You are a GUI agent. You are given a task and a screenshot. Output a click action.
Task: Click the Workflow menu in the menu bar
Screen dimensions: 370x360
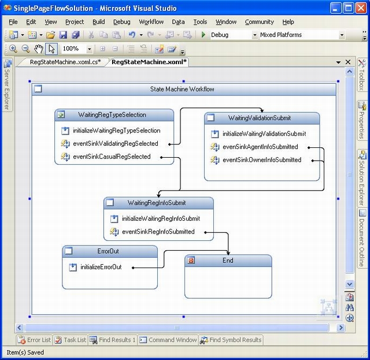[151, 22]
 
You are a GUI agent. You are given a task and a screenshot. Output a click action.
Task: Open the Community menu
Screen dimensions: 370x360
[260, 22]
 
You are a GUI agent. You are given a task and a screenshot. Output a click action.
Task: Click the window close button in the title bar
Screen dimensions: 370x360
[361, 8]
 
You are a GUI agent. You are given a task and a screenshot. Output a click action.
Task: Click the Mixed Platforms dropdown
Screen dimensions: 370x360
[302, 35]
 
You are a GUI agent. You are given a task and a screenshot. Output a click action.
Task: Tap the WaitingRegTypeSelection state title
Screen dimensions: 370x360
[112, 114]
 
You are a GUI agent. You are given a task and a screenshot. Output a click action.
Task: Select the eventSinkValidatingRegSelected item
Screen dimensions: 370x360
[116, 143]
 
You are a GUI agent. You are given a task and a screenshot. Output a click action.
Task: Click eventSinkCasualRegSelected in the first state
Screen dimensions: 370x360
[112, 157]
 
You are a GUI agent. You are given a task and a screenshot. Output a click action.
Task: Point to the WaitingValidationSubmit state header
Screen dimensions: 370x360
[260, 118]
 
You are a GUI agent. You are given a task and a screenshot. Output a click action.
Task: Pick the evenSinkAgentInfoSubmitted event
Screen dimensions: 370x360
[260, 147]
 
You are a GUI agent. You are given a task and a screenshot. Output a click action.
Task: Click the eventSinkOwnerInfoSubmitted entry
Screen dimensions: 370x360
[262, 159]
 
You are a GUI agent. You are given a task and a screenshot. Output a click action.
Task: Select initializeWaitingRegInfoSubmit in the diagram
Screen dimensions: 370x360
[161, 218]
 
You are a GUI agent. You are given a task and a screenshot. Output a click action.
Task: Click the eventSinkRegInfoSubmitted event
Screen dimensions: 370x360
[158, 231]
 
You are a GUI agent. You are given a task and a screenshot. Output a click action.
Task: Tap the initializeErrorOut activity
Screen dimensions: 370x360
[101, 267]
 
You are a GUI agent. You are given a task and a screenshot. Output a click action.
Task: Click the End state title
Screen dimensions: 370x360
[228, 260]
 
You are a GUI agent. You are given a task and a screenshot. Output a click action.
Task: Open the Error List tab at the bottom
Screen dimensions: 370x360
[34, 340]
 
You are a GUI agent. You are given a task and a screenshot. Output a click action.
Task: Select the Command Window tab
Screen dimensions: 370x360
[168, 340]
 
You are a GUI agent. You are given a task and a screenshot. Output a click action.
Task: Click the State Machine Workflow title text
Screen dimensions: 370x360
[182, 89]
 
